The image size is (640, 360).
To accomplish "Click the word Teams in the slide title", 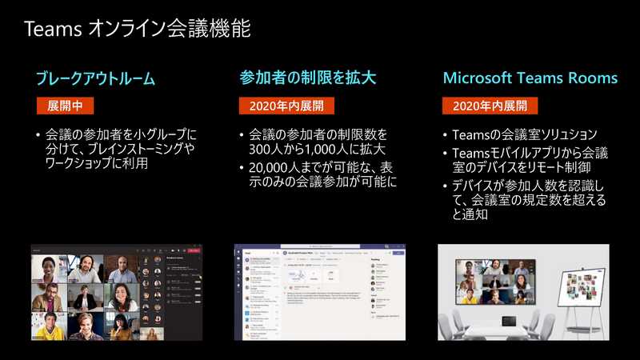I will tap(50, 30).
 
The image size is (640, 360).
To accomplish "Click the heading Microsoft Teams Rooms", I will tap(530, 78).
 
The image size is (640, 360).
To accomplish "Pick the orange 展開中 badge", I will tap(66, 106).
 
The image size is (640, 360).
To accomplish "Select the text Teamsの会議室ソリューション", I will tap(525, 134).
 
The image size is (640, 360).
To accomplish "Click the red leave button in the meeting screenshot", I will tap(194, 250).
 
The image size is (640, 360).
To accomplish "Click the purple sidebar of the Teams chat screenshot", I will tap(238, 292).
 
